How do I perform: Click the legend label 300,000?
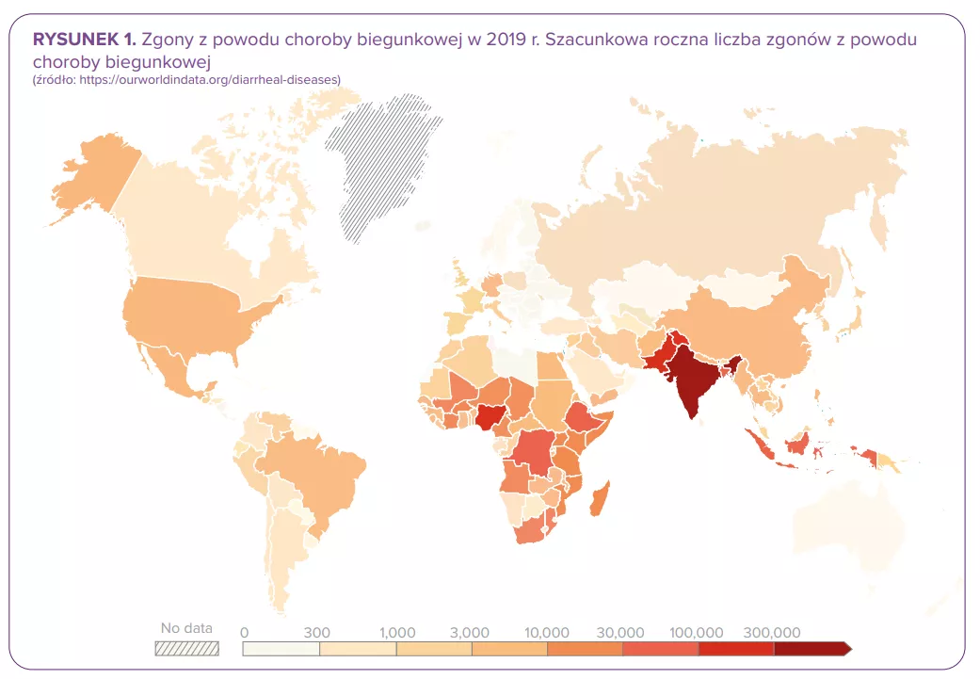pyautogui.click(x=771, y=632)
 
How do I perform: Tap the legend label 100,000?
pyautogui.click(x=698, y=632)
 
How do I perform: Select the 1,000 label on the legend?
pyautogui.click(x=397, y=632)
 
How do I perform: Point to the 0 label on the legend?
pyautogui.click(x=245, y=632)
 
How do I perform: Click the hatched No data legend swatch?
pyautogui.click(x=186, y=648)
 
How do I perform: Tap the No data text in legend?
pyautogui.click(x=186, y=628)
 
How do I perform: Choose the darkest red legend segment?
pyautogui.click(x=811, y=649)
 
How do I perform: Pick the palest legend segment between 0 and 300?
pyautogui.click(x=281, y=649)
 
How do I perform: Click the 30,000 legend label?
pyautogui.click(x=621, y=632)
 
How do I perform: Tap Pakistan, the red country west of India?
pyautogui.click(x=658, y=353)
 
